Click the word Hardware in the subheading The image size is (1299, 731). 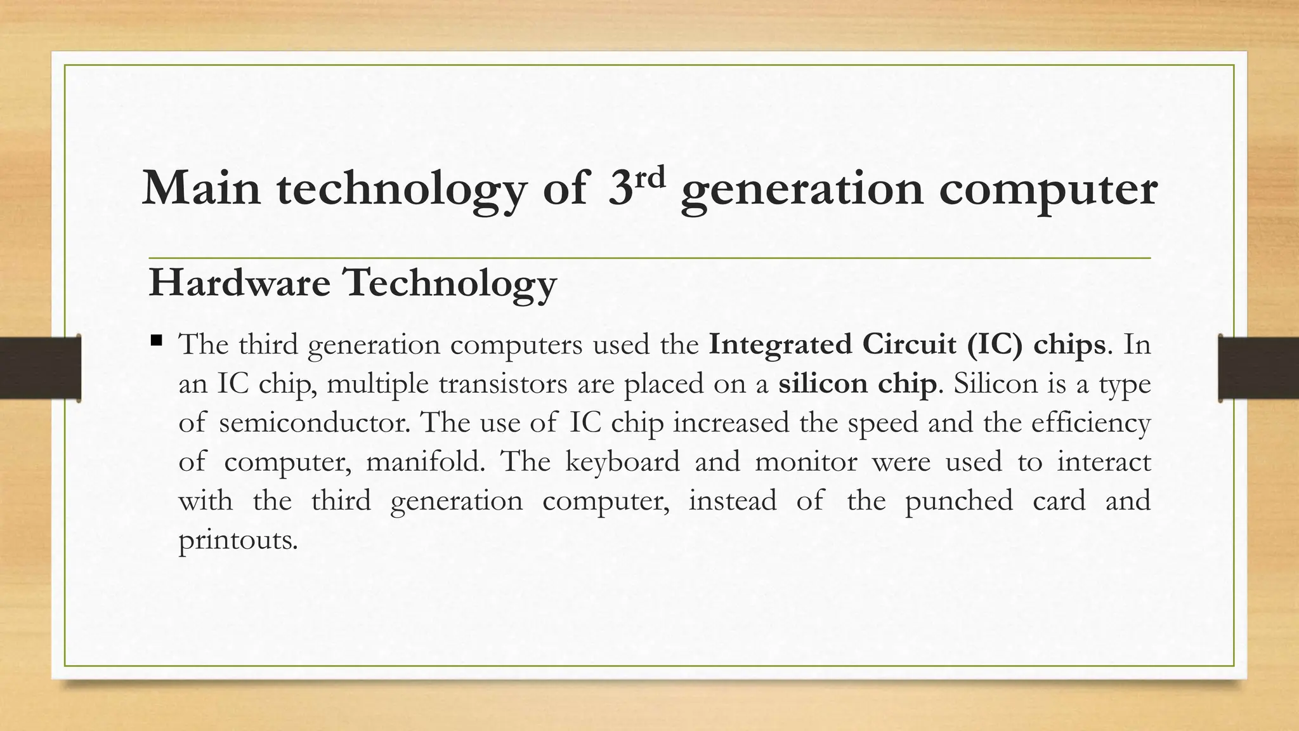(x=239, y=282)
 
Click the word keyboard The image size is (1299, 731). (x=622, y=461)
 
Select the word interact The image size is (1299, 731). (x=1103, y=461)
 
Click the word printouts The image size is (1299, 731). (x=238, y=540)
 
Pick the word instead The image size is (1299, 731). (x=733, y=501)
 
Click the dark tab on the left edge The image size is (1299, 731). (x=40, y=368)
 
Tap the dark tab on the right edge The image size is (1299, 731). (x=1258, y=368)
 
